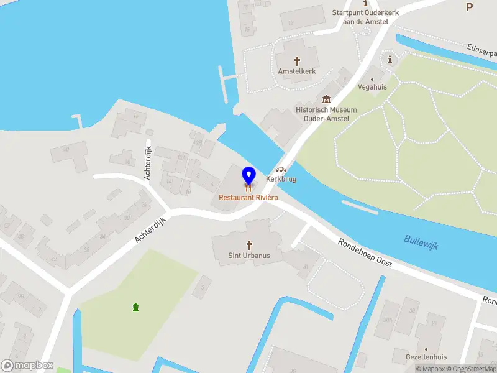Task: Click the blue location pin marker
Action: point(248,175)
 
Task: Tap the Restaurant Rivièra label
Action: point(248,197)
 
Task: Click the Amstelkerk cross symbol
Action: point(297,61)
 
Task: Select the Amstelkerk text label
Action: point(297,71)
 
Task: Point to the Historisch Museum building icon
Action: point(326,99)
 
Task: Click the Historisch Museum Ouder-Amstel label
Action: point(322,114)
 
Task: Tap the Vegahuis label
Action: point(373,87)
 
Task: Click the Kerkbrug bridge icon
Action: point(281,169)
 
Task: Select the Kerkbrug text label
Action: point(281,179)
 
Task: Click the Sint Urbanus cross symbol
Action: point(250,245)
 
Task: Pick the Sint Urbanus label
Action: point(250,256)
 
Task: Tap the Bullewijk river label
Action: point(421,242)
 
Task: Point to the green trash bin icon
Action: point(135,307)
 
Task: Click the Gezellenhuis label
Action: point(426,357)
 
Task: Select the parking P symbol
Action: point(469,7)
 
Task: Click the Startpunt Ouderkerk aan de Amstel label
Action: point(365,17)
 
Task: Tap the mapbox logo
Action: point(27,366)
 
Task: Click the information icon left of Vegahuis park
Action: point(390,60)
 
